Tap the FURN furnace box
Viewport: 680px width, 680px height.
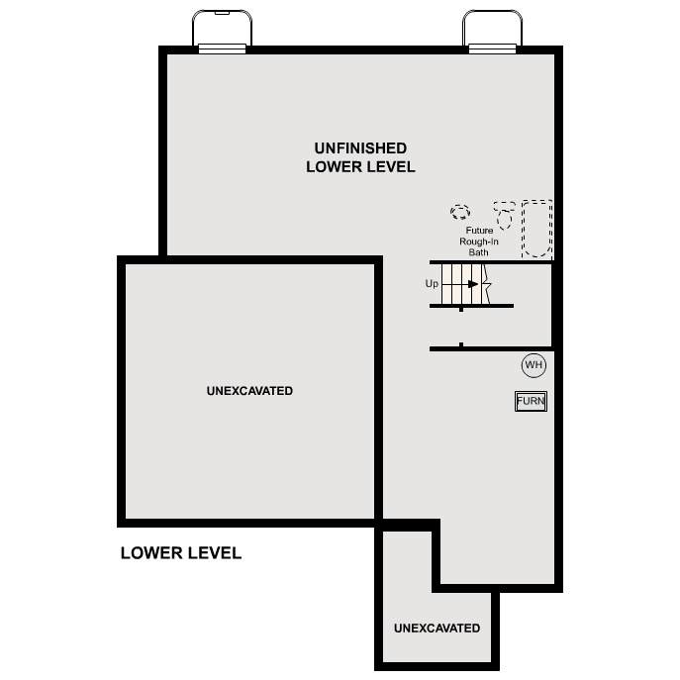click(x=531, y=401)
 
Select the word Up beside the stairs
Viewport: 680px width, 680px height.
click(x=432, y=284)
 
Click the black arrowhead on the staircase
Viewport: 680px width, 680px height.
click(x=473, y=284)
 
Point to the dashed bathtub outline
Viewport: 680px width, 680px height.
click(x=523, y=229)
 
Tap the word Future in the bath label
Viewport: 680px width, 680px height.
click(x=479, y=231)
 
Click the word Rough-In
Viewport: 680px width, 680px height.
click(x=479, y=242)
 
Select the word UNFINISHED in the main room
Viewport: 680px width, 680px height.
click(x=360, y=148)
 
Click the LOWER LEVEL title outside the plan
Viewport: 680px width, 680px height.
click(x=181, y=553)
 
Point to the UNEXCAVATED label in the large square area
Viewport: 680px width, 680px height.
click(x=249, y=391)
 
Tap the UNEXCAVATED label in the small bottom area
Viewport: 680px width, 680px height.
click(x=437, y=628)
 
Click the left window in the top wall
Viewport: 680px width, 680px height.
click(x=222, y=49)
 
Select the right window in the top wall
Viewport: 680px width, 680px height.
click(x=492, y=49)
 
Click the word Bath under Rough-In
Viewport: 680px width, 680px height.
click(x=478, y=252)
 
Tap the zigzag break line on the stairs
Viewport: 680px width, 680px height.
click(x=487, y=284)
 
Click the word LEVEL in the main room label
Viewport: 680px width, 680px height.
click(x=387, y=167)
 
